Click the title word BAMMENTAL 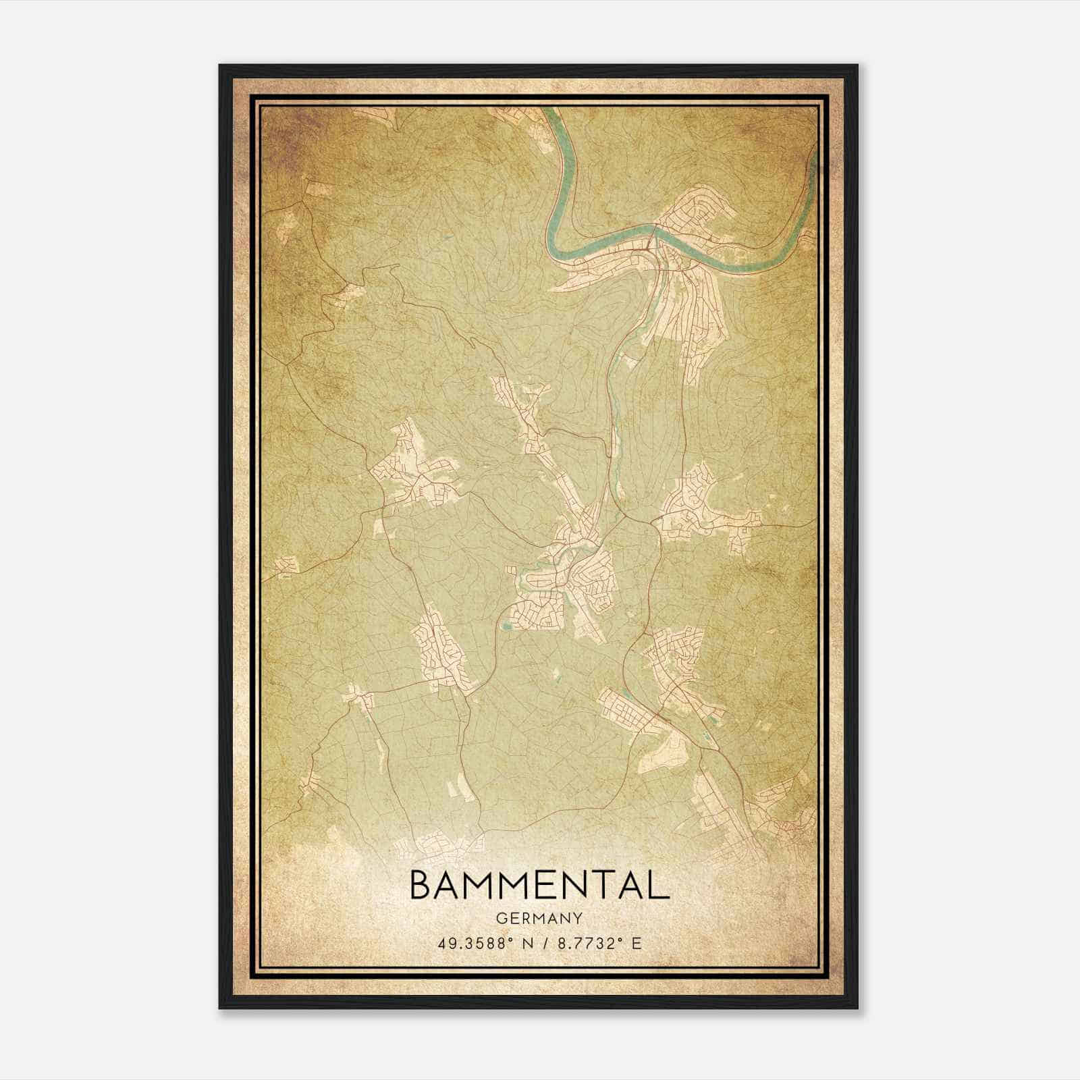coord(539,886)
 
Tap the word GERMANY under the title coord(539,918)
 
